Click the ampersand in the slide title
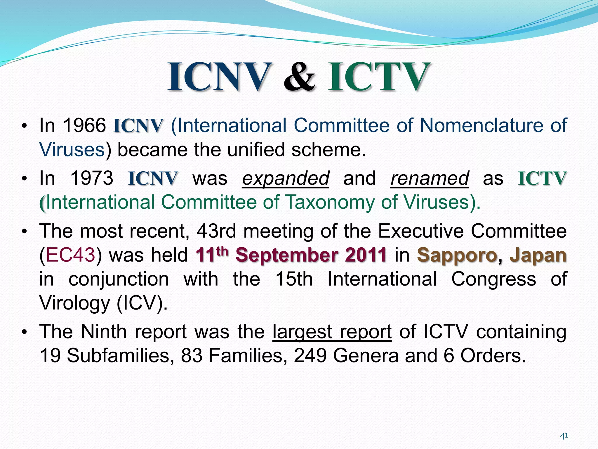tap(299, 77)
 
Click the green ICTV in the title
tap(379, 77)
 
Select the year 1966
tap(84, 126)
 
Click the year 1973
tap(92, 178)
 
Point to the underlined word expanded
tap(286, 178)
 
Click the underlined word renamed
tap(430, 178)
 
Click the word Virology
tap(74, 303)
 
